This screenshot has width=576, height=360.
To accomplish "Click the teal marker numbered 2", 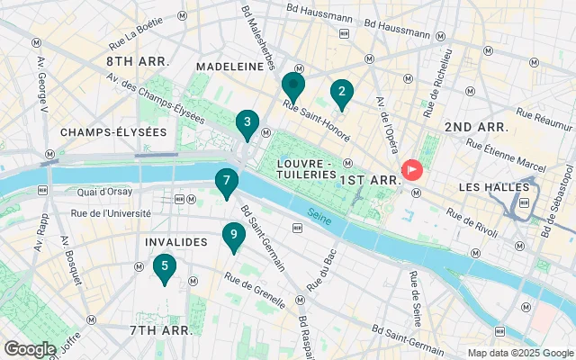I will click(341, 93).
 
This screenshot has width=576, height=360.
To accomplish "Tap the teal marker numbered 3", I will click(247, 124).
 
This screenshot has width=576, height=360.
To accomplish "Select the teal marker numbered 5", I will click(164, 267).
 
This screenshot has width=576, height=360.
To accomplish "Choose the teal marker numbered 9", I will click(234, 238).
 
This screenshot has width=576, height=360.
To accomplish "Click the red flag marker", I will click(412, 168).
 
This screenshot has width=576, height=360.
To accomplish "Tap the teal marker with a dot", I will click(292, 87).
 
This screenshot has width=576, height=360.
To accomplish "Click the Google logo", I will click(30, 348).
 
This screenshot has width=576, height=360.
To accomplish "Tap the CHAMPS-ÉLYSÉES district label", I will click(113, 132).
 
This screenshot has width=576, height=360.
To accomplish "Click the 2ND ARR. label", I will click(477, 127).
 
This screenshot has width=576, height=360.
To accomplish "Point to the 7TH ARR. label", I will click(161, 330).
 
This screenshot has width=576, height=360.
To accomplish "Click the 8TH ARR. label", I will click(139, 61).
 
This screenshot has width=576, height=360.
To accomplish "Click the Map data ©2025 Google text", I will click(519, 353).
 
